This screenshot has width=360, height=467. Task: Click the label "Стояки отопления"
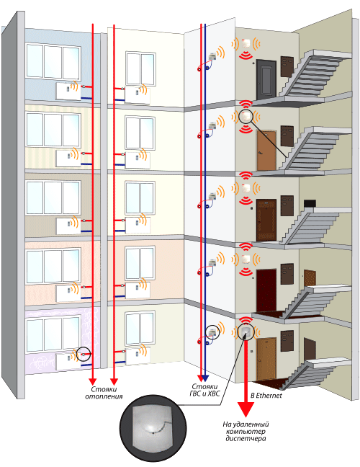(x=104, y=393)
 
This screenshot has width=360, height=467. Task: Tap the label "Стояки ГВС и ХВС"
(x=204, y=390)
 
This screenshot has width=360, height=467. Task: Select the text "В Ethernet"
(x=266, y=396)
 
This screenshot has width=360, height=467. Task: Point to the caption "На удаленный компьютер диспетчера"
(x=246, y=431)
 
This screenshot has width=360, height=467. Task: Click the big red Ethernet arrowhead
(x=246, y=409)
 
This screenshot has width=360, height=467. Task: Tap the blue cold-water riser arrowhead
(x=205, y=378)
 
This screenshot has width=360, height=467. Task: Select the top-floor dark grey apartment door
(x=266, y=79)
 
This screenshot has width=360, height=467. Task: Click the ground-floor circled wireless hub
(x=246, y=332)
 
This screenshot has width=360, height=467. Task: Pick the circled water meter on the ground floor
(x=212, y=332)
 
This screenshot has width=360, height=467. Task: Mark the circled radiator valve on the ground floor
(x=84, y=355)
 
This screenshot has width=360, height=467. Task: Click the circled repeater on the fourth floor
(x=246, y=116)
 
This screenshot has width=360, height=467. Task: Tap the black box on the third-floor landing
(x=310, y=204)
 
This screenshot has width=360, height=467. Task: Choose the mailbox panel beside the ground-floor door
(x=287, y=341)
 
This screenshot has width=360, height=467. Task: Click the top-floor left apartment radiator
(x=68, y=92)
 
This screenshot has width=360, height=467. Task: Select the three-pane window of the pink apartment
(x=53, y=267)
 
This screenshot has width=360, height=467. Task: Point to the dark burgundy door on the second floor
(x=266, y=290)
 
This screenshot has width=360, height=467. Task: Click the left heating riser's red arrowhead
(x=93, y=381)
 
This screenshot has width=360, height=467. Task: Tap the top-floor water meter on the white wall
(x=212, y=56)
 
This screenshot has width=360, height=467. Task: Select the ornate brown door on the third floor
(x=266, y=220)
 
